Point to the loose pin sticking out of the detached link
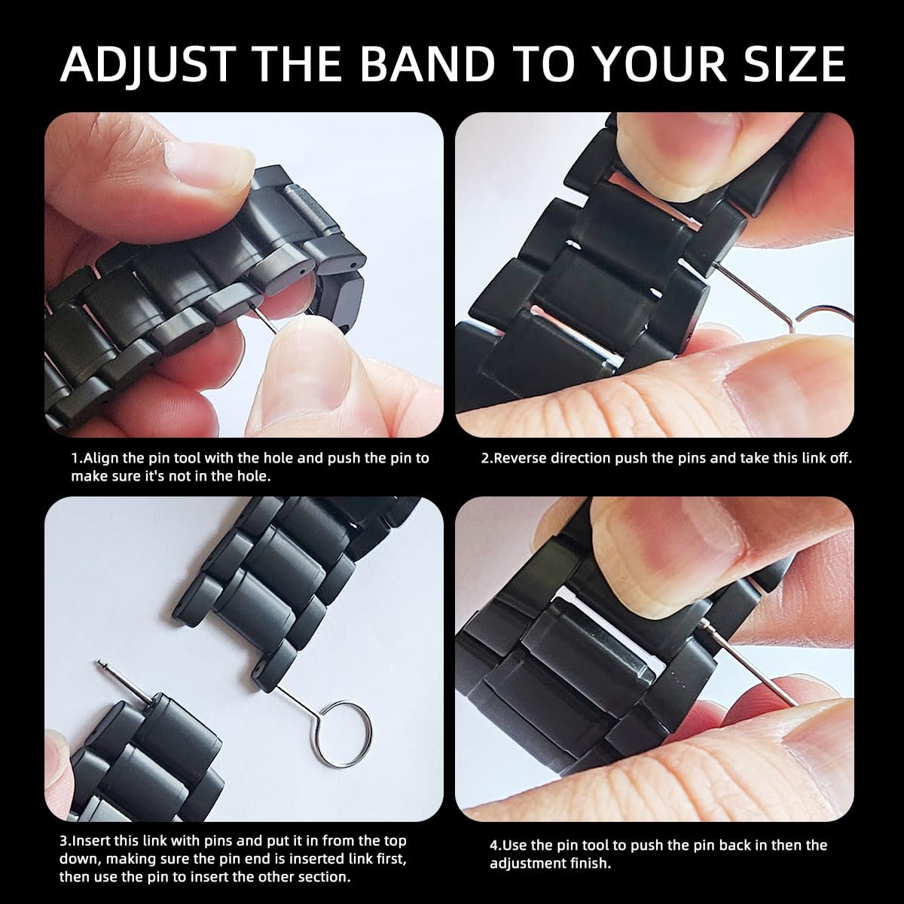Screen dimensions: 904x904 [125, 682]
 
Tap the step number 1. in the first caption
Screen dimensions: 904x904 [77, 458]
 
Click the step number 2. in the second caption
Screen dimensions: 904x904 [487, 458]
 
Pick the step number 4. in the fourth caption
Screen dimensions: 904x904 [496, 846]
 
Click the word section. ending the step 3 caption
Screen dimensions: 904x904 [323, 877]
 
